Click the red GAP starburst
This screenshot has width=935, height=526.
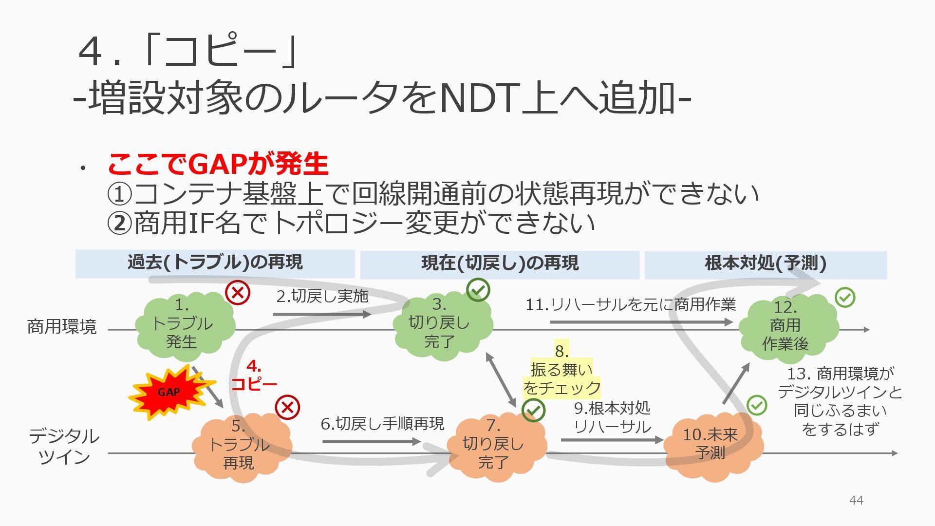(169, 393)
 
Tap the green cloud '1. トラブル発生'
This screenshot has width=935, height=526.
(184, 324)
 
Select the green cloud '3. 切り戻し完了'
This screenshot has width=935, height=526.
(441, 324)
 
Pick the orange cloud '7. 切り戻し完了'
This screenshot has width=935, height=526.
(495, 445)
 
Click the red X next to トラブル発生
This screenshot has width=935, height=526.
(238, 293)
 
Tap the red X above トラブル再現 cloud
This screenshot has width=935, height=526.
(287, 407)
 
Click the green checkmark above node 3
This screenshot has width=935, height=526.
(478, 290)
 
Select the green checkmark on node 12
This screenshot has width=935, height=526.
(845, 297)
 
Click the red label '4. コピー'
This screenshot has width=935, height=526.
(254, 375)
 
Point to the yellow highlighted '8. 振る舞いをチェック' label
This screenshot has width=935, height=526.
(561, 370)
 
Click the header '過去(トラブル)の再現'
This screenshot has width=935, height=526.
(215, 263)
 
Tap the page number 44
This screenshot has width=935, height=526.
(856, 500)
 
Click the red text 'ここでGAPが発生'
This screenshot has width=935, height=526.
(218, 164)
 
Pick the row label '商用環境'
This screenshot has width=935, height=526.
(62, 326)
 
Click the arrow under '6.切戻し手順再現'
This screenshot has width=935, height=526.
(371, 442)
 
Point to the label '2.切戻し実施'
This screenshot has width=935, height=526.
(322, 296)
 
